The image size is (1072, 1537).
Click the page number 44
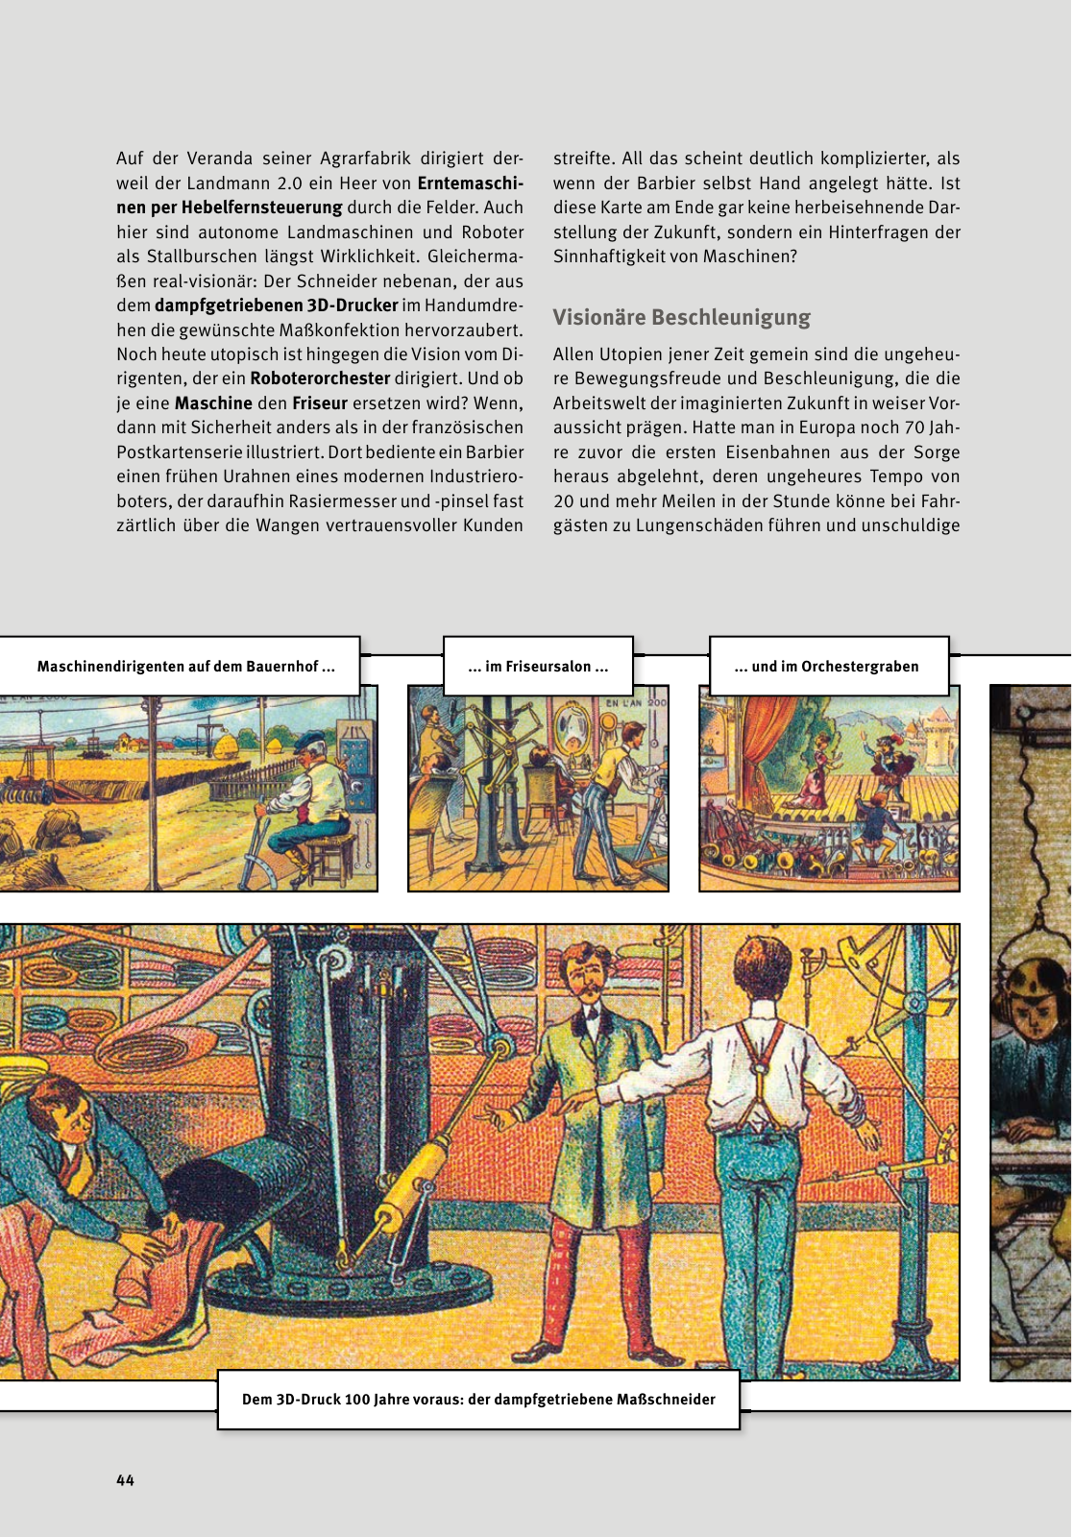point(126,1480)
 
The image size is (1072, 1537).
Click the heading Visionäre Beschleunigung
point(681,318)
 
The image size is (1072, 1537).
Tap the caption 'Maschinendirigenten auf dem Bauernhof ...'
point(185,667)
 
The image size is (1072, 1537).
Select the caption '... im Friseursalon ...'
point(538,667)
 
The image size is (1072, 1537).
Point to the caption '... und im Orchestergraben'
point(826,667)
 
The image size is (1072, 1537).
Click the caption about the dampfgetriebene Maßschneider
point(478,1400)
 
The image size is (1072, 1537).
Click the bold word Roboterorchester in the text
point(320,378)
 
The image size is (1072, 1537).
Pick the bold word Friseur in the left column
point(319,403)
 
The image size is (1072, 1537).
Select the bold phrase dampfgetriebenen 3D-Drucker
point(276,305)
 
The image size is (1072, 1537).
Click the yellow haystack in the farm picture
point(228,744)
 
